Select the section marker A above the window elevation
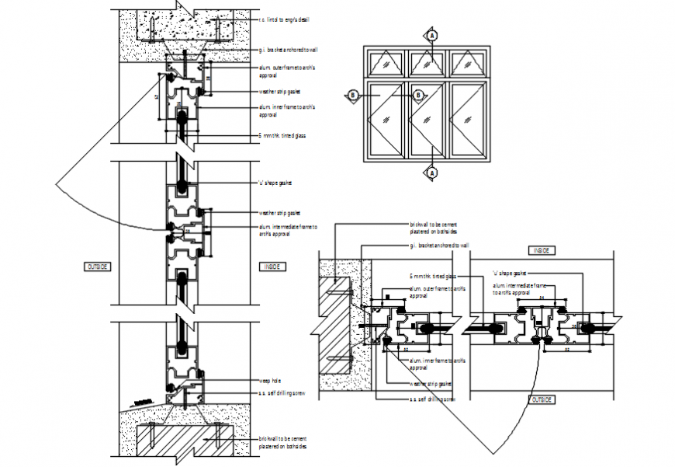[433, 35]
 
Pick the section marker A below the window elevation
[433, 172]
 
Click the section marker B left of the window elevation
[353, 96]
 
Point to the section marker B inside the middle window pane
[419, 96]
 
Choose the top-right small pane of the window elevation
[466, 62]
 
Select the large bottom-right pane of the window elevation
[466, 117]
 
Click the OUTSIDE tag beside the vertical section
[98, 267]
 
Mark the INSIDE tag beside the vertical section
[272, 267]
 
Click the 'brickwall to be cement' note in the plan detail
[434, 227]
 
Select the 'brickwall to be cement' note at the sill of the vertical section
[282, 443]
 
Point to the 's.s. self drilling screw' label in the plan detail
[432, 399]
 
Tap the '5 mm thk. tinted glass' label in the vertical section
[282, 135]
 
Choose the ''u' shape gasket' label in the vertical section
[275, 183]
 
